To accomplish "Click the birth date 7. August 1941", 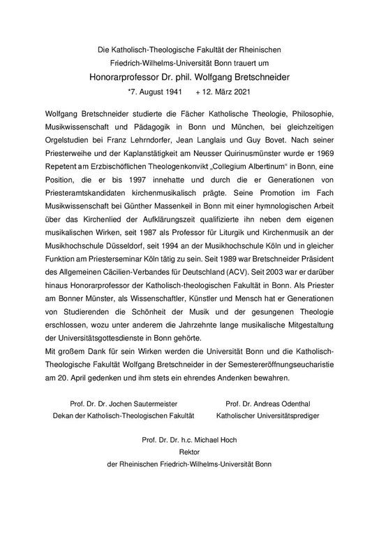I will [155, 91].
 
